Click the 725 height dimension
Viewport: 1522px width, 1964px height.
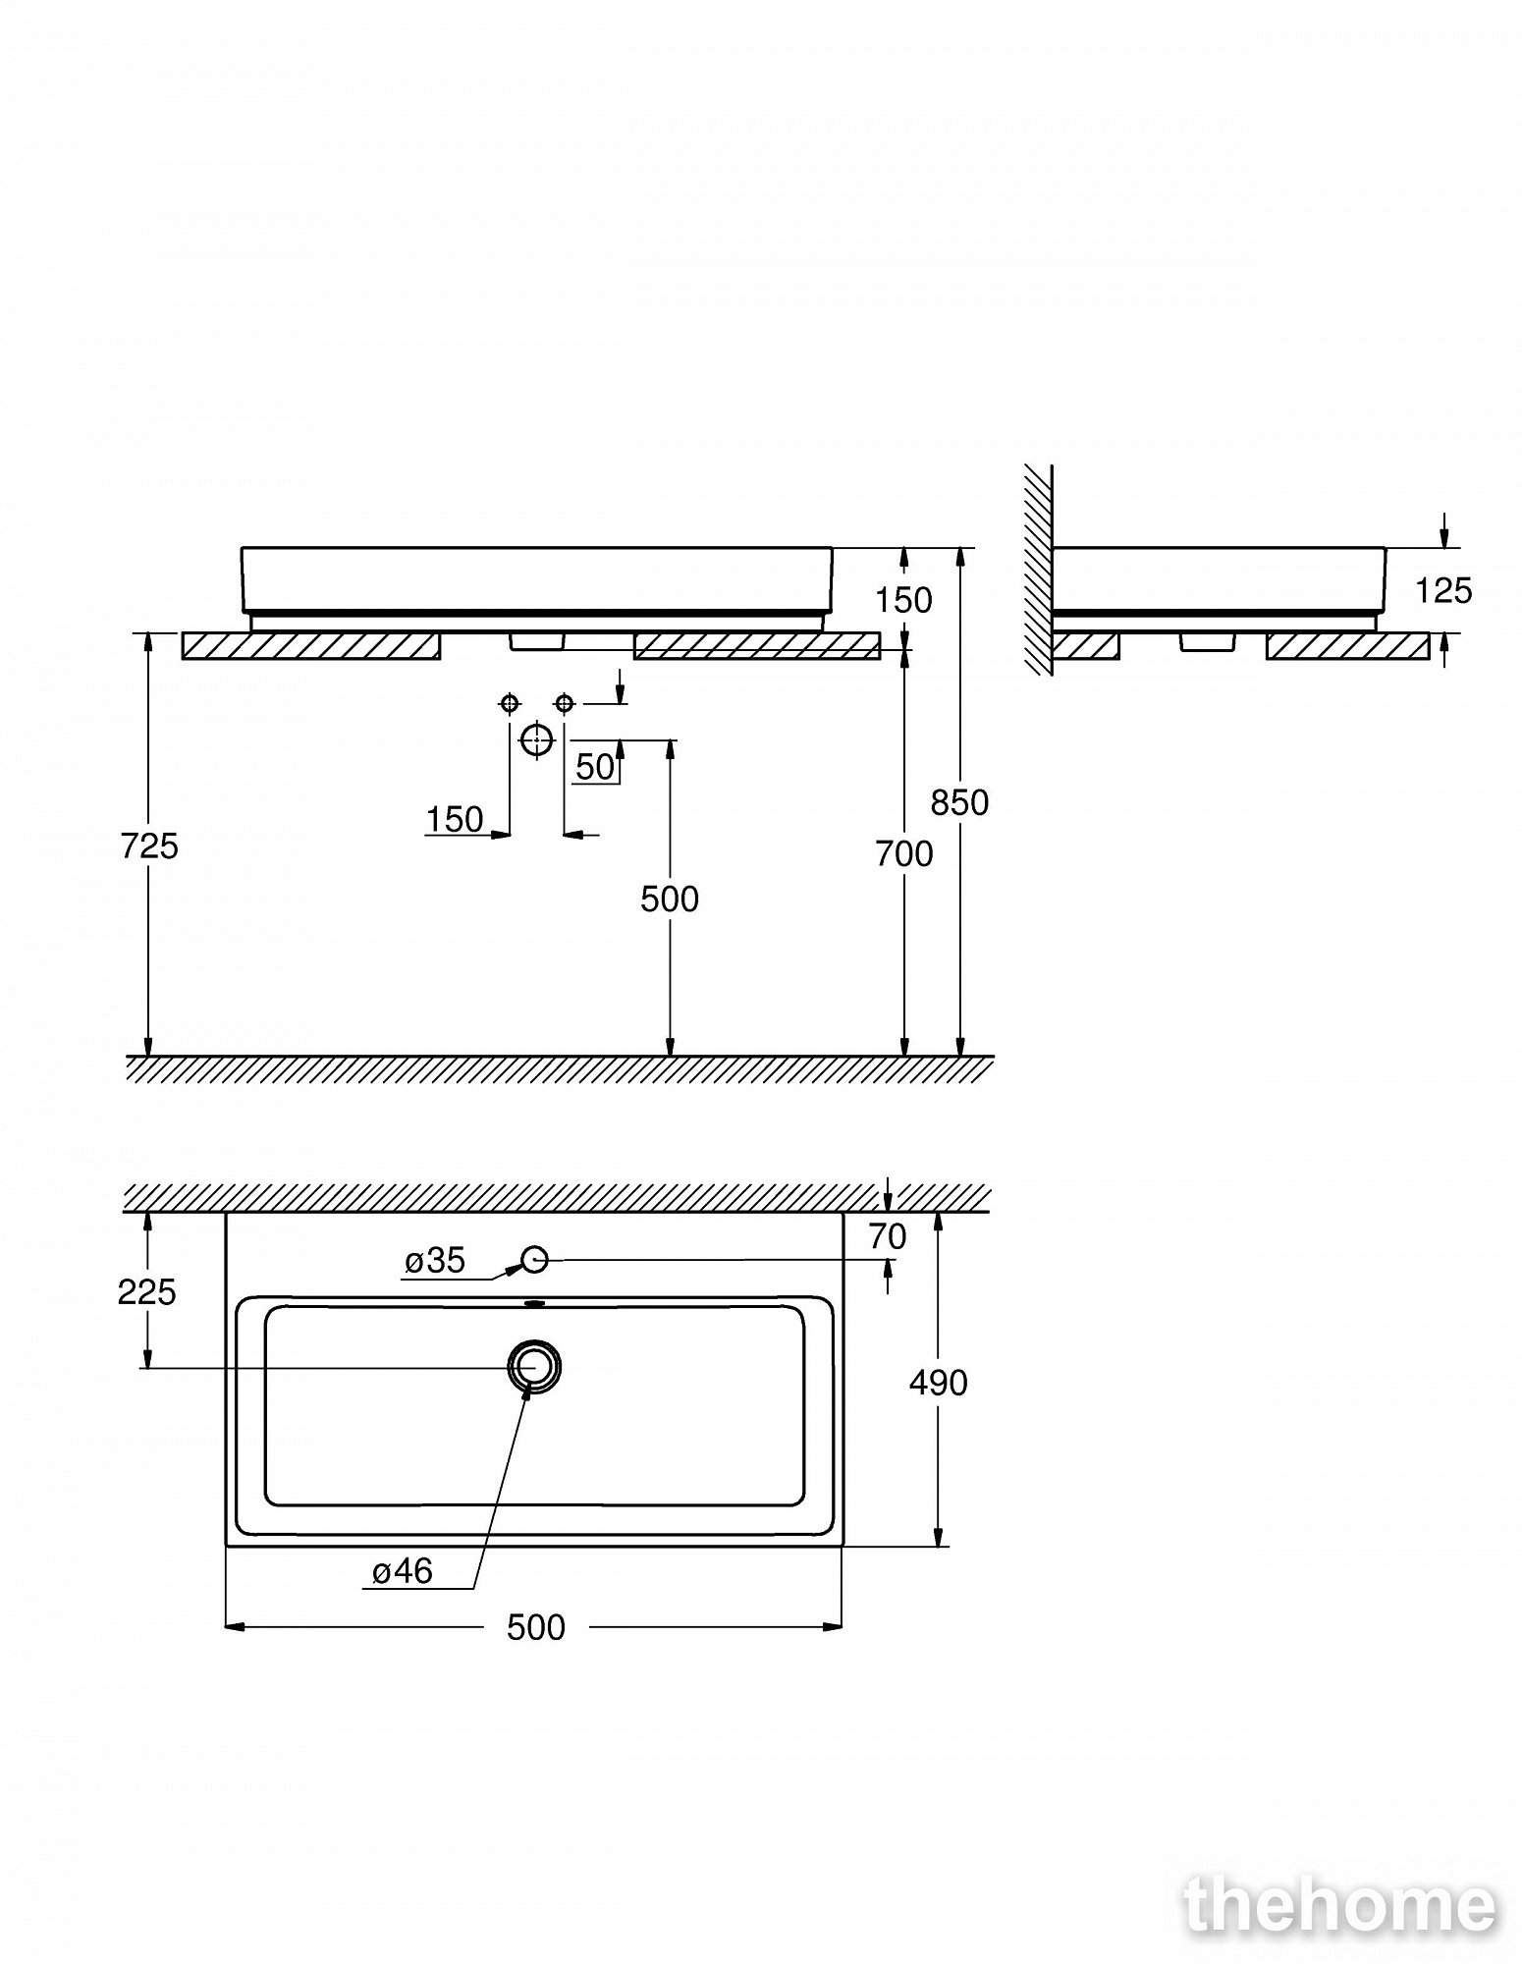click(x=149, y=846)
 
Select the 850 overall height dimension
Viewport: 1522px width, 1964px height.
click(x=959, y=802)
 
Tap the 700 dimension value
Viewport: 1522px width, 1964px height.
click(x=904, y=854)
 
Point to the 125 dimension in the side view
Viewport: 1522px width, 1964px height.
click(x=1443, y=590)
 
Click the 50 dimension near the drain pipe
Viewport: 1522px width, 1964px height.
click(x=595, y=767)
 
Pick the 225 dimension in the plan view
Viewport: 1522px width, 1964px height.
click(x=146, y=1292)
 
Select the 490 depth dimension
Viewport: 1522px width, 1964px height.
click(x=939, y=1383)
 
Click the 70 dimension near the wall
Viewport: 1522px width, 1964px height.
click(x=888, y=1237)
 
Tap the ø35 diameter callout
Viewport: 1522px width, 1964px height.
click(x=435, y=1261)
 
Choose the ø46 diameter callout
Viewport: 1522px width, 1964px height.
click(x=403, y=1572)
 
